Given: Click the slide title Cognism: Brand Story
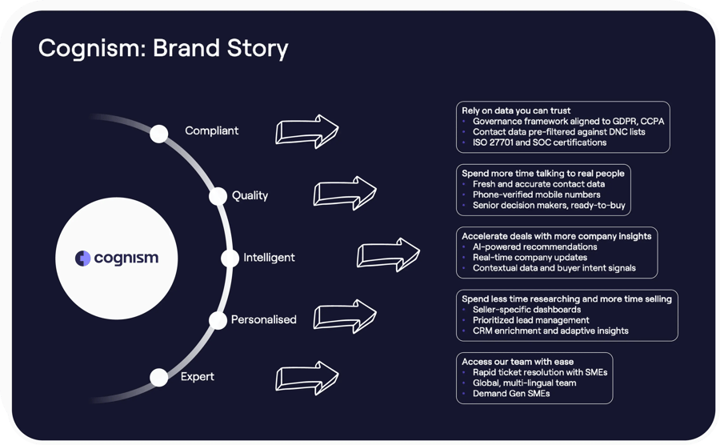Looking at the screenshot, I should (x=163, y=48).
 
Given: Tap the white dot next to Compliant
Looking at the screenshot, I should (x=159, y=133).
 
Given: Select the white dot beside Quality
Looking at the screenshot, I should (x=218, y=196).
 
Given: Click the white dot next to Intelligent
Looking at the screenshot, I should (x=230, y=259).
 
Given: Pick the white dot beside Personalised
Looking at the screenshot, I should (x=218, y=320).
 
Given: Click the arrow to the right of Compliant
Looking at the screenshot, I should (x=307, y=130).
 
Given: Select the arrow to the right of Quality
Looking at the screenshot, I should (x=345, y=193).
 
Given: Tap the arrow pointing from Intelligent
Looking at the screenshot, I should (x=388, y=255).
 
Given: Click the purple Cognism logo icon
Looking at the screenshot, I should (x=82, y=259).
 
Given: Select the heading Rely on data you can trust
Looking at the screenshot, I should (x=515, y=110).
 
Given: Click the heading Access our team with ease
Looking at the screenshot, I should (x=518, y=361).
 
